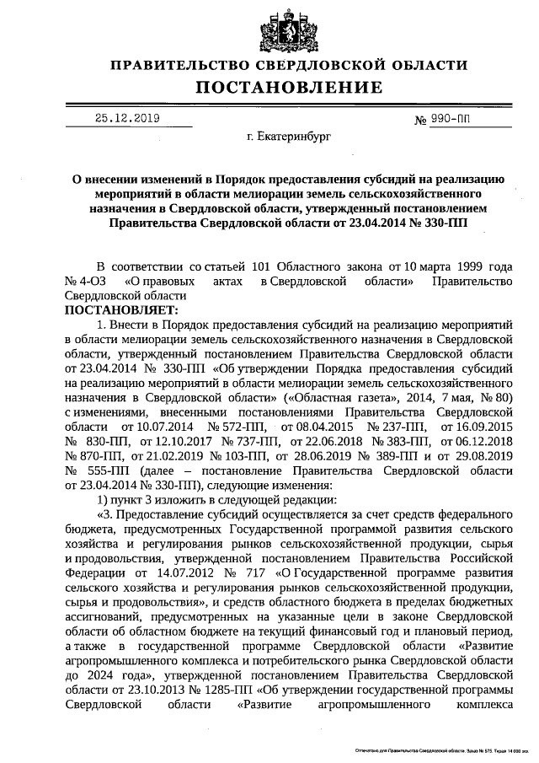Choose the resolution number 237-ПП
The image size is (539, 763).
click(x=392, y=427)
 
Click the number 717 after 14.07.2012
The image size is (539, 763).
click(x=248, y=573)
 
